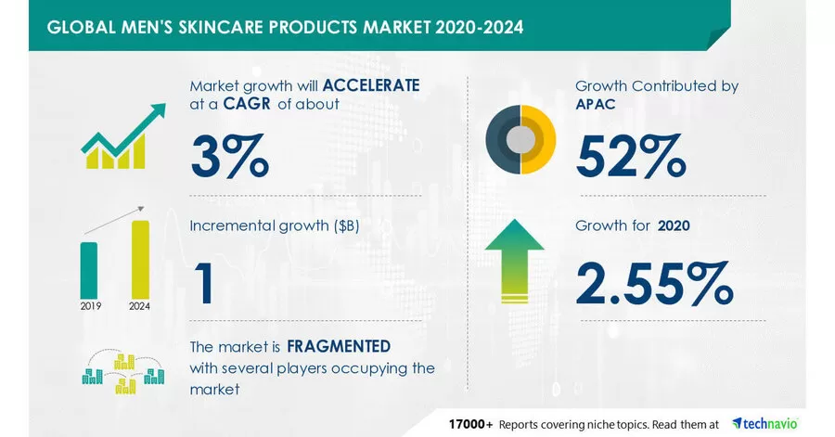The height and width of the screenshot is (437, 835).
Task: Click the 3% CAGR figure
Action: (230, 156)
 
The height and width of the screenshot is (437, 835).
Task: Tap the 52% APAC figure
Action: (631, 156)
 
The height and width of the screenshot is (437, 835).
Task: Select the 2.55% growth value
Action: (654, 283)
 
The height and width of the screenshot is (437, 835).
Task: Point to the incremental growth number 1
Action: (204, 284)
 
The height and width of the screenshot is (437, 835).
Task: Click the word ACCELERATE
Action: (371, 85)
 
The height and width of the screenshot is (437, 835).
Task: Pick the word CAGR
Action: (247, 103)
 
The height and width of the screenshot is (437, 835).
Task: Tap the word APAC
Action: (596, 104)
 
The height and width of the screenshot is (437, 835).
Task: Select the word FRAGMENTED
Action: (339, 346)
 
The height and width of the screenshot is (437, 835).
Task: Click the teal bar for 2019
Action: (89, 270)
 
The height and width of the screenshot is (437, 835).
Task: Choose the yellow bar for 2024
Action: (141, 260)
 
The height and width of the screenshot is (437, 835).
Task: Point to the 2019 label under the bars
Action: (91, 306)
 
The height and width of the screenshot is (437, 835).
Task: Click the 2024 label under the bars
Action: (139, 306)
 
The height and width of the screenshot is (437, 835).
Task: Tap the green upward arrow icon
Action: (514, 261)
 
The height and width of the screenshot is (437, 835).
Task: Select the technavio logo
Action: (765, 424)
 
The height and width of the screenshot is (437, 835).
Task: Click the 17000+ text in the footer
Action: (470, 424)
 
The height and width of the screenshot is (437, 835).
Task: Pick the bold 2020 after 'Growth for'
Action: (674, 225)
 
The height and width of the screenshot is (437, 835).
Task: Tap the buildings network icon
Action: (123, 372)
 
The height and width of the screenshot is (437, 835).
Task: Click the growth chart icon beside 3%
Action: (123, 136)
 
